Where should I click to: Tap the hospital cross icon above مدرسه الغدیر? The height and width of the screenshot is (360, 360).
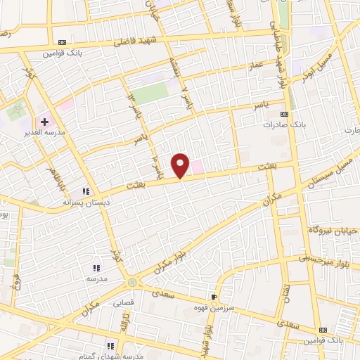click(x=44, y=122)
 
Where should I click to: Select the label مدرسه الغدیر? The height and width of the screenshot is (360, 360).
click(x=44, y=133)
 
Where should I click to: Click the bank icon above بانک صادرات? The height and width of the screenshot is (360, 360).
click(x=284, y=114)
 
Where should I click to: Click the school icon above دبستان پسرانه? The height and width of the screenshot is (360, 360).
click(x=86, y=191)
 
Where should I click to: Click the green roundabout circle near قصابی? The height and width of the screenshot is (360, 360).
click(x=132, y=283)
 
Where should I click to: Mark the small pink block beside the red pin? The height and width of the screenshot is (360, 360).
click(x=198, y=167)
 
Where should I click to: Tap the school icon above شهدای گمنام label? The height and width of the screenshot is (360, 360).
click(x=111, y=345)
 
